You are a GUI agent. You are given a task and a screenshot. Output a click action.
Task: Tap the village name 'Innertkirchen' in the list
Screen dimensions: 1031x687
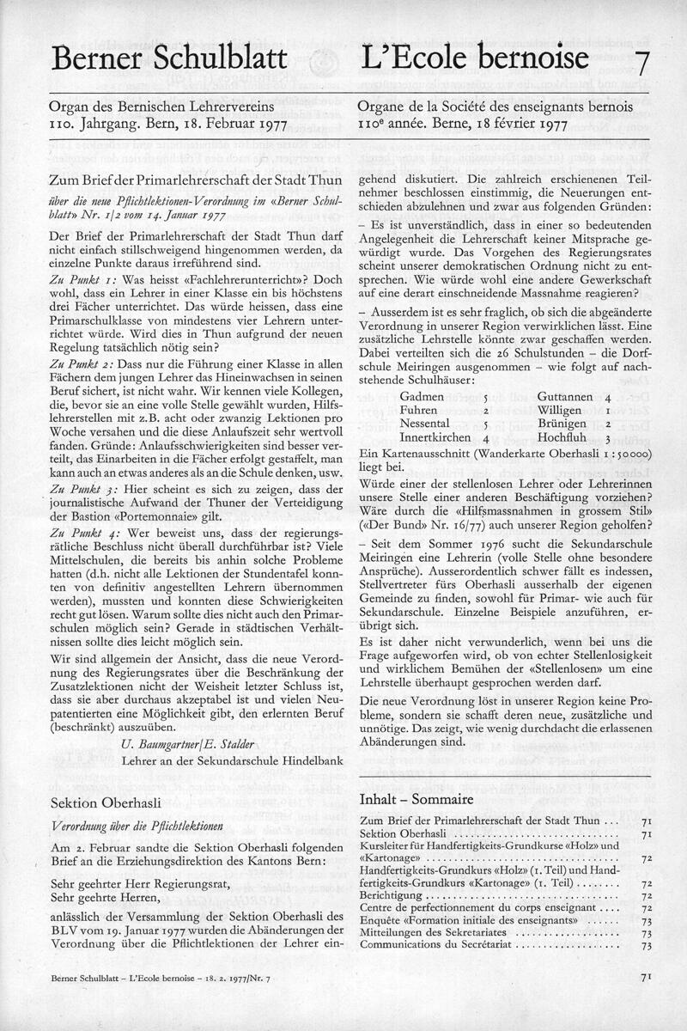[436, 438]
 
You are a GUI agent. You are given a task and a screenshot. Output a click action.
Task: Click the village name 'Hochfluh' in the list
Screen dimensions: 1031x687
[561, 438]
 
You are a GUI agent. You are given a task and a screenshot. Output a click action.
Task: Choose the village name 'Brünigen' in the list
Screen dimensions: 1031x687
[562, 424]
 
